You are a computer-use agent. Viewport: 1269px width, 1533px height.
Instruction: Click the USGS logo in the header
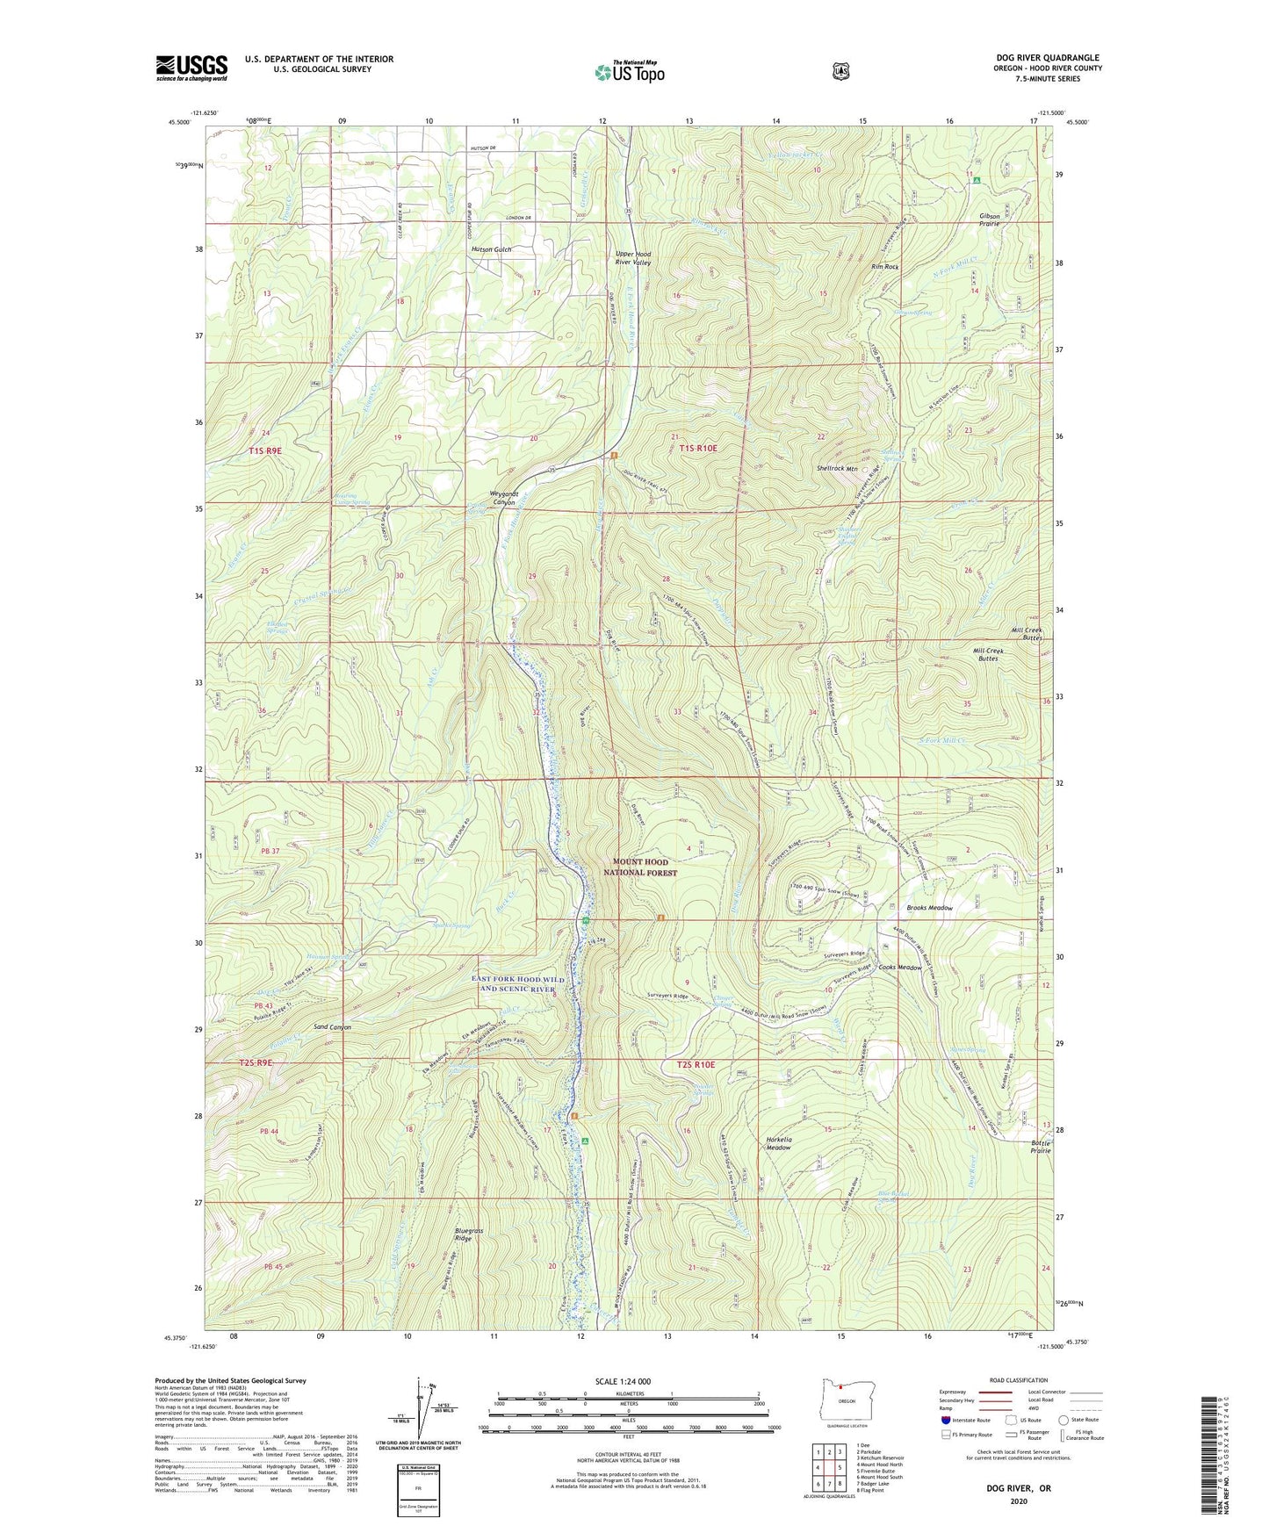coord(191,68)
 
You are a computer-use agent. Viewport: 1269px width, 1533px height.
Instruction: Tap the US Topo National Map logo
coord(630,72)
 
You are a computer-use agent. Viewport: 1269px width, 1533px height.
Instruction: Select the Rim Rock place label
coord(884,267)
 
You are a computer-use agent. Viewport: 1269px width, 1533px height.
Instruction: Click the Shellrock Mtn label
coord(837,469)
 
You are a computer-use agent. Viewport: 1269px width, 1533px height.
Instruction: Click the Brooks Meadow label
coord(929,908)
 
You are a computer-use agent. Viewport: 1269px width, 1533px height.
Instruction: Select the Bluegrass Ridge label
coord(469,1235)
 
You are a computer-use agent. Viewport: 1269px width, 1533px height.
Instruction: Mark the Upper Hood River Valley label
coord(632,258)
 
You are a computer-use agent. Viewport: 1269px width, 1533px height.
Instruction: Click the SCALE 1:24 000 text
coord(623,1381)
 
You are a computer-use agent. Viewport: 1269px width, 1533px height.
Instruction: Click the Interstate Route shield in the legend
coord(946,1420)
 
